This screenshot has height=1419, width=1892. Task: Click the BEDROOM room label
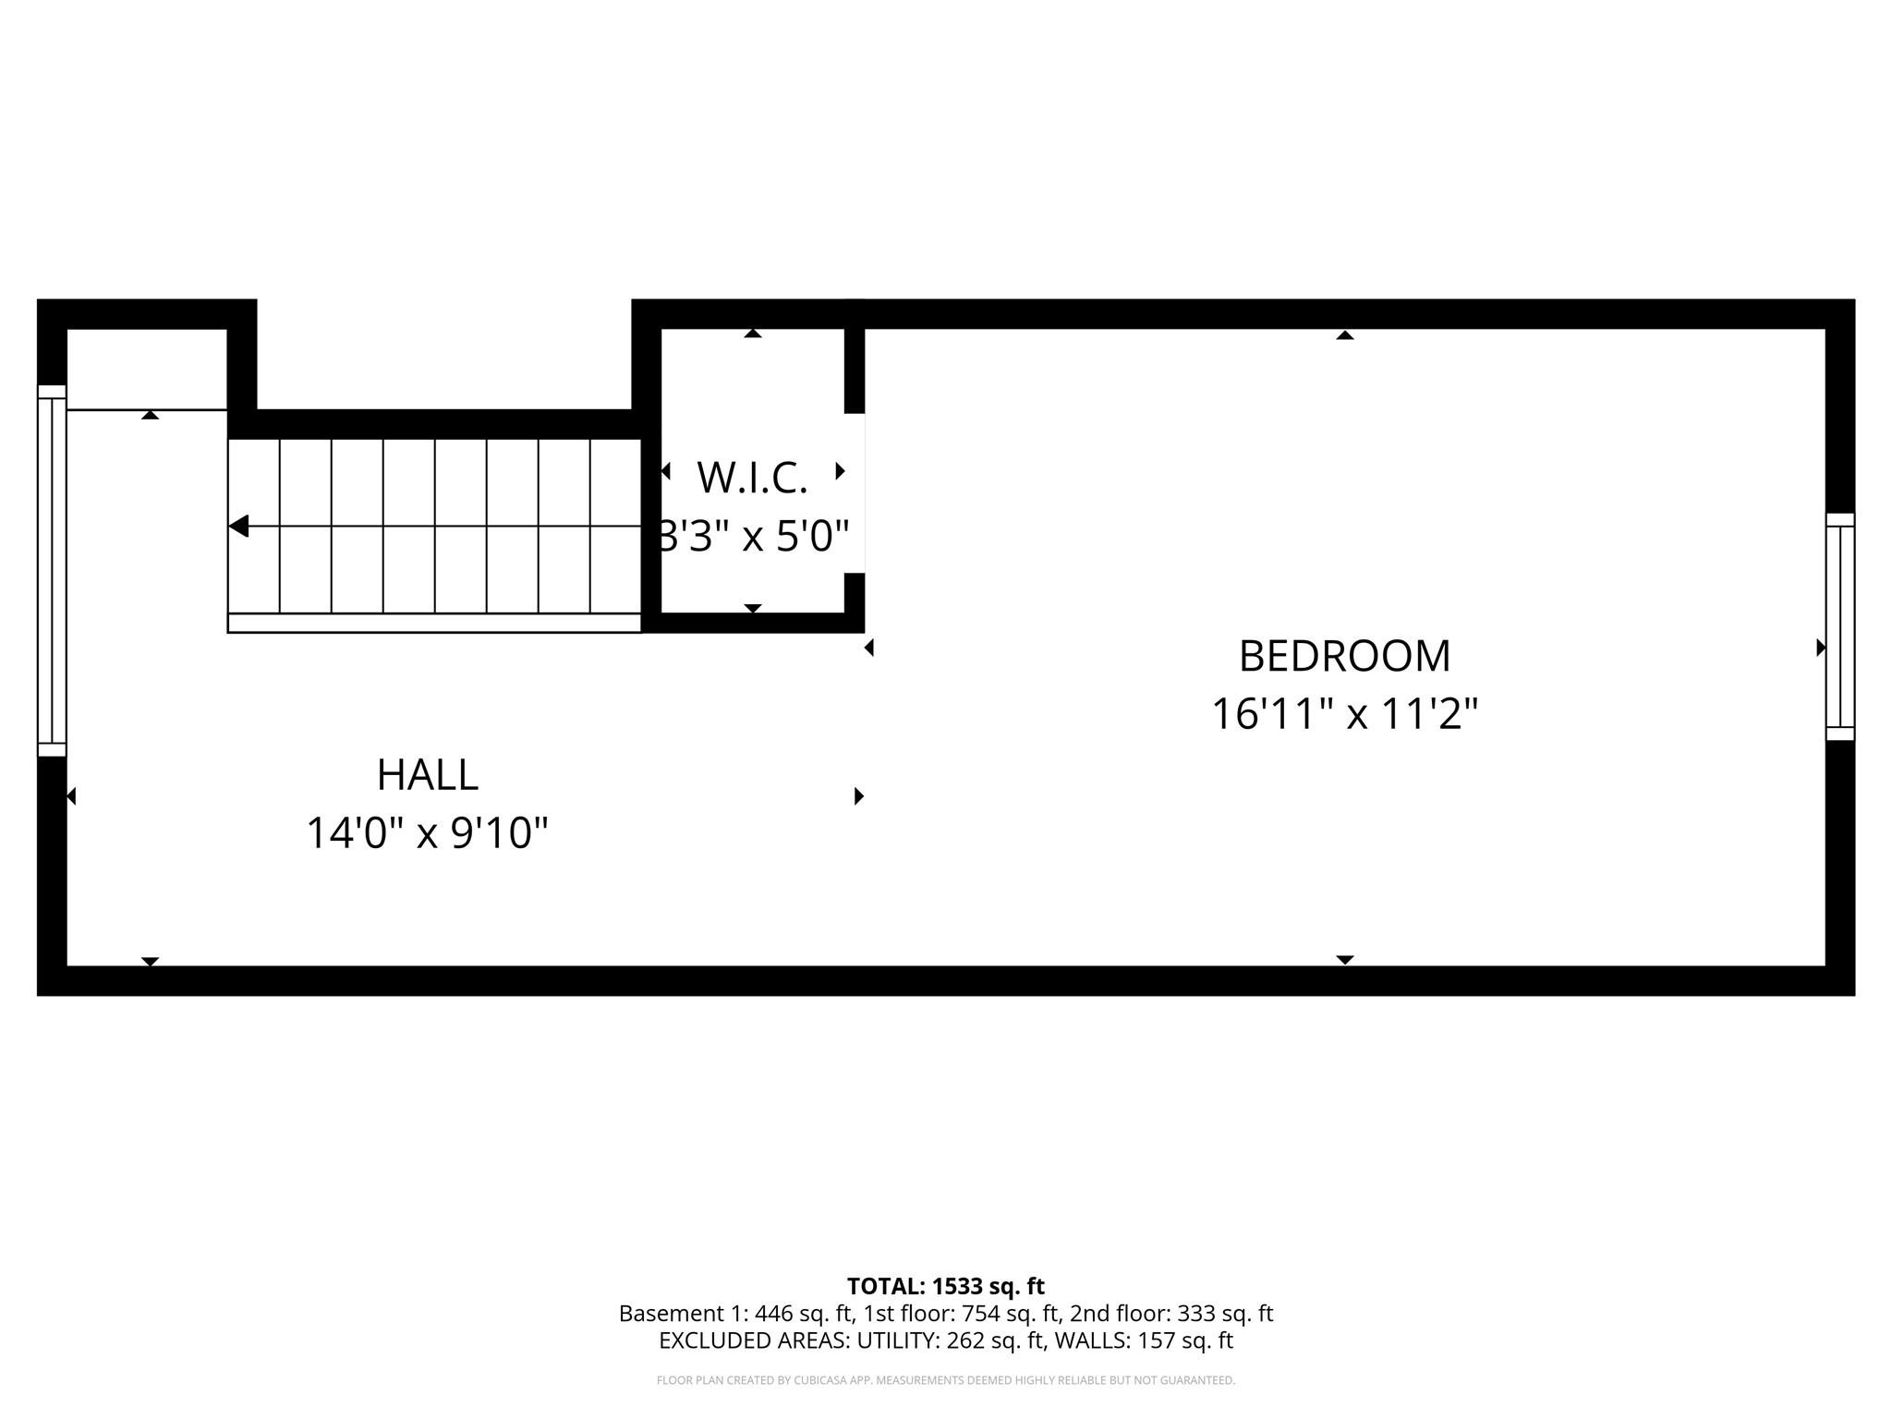[1344, 656]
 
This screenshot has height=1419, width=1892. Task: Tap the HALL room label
[427, 774]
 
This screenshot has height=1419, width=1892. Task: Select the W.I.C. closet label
[752, 478]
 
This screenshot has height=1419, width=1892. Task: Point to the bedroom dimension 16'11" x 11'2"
[1344, 714]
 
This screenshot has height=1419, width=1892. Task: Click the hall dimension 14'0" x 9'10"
[427, 832]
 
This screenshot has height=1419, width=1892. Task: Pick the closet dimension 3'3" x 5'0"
[752, 536]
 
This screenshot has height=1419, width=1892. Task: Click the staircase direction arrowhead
[238, 527]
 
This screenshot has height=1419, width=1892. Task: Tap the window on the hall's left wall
[52, 570]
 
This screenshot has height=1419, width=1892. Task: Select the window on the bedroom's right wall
[1840, 626]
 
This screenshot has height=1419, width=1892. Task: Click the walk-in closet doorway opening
[855, 492]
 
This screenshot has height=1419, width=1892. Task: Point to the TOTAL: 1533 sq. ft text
[945, 1286]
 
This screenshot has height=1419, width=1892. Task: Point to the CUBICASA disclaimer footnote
[945, 1380]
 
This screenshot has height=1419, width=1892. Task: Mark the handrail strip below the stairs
[434, 624]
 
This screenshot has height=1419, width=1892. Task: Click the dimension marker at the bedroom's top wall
[1345, 335]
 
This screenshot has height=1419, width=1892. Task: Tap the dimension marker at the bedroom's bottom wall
[1345, 960]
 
